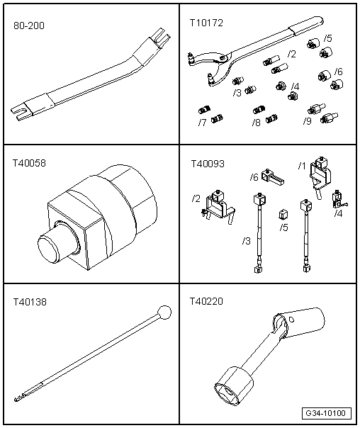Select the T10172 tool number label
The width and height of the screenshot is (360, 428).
tap(206, 24)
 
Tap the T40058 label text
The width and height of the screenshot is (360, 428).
tap(29, 163)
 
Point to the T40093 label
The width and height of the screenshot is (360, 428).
tap(208, 163)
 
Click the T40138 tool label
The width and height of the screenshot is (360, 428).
tap(29, 303)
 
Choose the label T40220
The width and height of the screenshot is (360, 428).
tap(208, 303)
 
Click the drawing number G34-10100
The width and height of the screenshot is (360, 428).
tap(325, 413)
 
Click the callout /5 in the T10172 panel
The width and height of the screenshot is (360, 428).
tap(327, 38)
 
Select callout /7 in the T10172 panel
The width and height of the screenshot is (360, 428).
tap(203, 123)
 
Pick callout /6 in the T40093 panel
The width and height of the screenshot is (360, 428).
tap(254, 177)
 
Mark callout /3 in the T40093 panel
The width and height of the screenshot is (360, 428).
tap(247, 241)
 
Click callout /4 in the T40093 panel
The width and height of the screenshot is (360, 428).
tap(338, 213)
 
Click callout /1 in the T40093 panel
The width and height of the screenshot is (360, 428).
tap(302, 166)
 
